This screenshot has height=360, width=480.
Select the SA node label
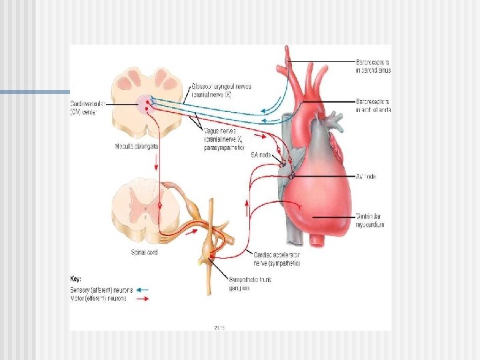[261, 155]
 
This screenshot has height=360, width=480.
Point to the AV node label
[367, 177]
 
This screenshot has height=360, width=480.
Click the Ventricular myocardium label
[370, 221]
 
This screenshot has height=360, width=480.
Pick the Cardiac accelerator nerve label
[277, 259]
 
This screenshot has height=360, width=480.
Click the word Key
[76, 278]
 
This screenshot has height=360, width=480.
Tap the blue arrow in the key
[142, 290]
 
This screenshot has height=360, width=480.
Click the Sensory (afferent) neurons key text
[101, 290]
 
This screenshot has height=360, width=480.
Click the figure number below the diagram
[219, 327]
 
